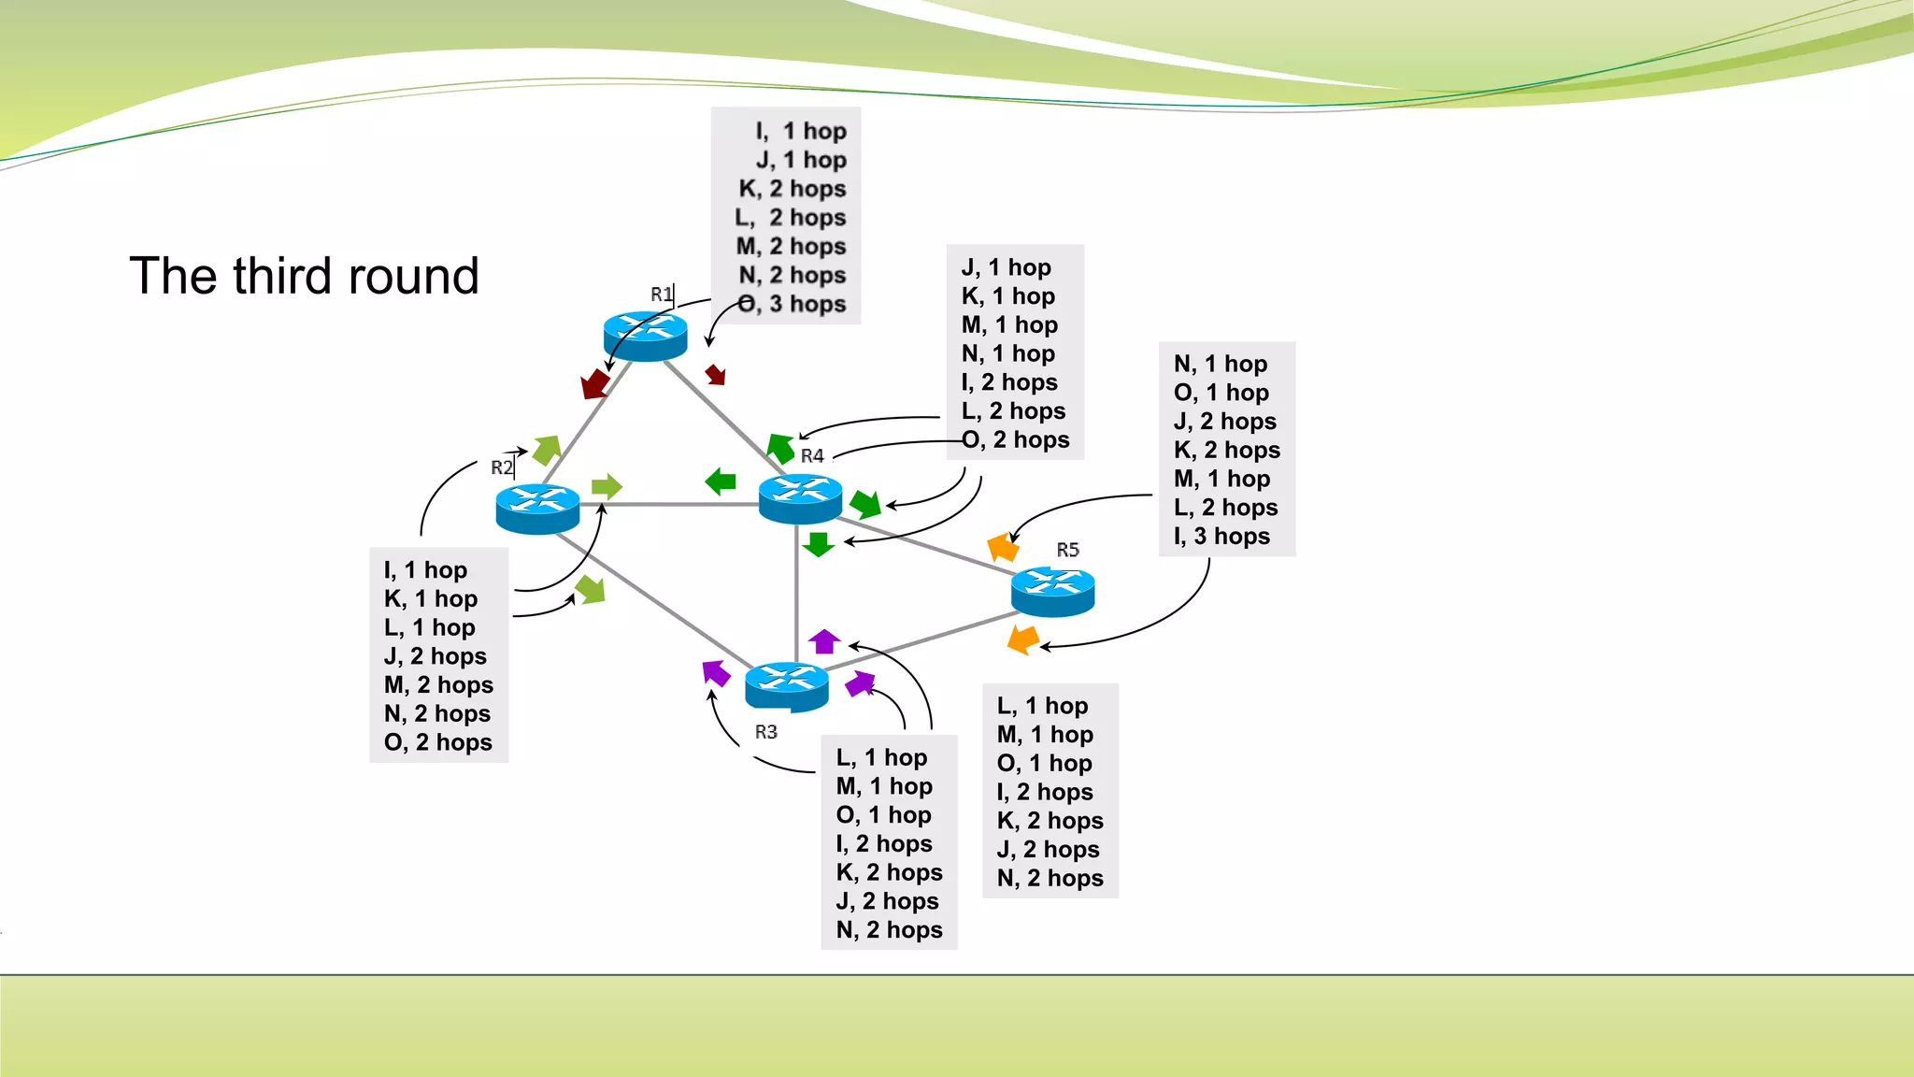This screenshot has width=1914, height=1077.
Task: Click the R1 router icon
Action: tap(645, 336)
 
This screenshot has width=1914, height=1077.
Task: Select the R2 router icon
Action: tap(537, 508)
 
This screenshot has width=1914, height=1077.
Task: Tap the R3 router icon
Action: tap(787, 685)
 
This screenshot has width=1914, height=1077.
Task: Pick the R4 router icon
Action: tap(800, 497)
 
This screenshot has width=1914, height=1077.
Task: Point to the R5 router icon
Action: tap(1052, 591)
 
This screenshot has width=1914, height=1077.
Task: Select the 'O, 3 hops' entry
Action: tap(792, 304)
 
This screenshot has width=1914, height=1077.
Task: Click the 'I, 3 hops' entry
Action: tap(1221, 536)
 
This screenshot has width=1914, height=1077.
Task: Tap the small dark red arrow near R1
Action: tap(715, 374)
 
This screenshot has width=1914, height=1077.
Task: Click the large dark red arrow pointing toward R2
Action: tap(594, 383)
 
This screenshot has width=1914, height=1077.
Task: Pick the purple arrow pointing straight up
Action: tap(824, 641)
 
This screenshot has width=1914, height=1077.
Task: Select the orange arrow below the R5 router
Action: tap(1023, 639)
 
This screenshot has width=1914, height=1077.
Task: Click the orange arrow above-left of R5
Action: tap(1003, 546)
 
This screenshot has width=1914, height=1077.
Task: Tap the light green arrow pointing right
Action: tap(607, 486)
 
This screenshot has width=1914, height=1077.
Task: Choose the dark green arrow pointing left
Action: tap(721, 481)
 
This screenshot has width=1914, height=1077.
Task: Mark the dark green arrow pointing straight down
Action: tap(819, 544)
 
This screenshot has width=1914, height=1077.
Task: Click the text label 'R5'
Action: tap(1067, 550)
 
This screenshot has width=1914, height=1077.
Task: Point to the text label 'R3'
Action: tap(765, 732)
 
